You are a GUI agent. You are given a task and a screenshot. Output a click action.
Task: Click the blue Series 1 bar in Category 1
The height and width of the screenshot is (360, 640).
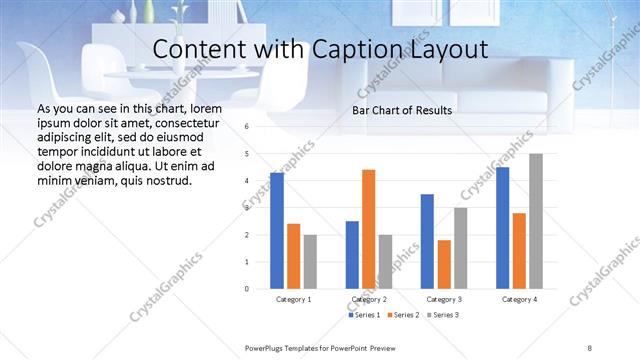(x=277, y=230)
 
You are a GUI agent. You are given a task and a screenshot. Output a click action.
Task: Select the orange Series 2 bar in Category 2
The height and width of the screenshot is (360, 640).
(x=368, y=229)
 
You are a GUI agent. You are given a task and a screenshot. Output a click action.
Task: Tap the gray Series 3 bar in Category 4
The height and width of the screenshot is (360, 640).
(x=536, y=221)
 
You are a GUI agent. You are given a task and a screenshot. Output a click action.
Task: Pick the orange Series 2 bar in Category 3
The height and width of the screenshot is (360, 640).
(x=444, y=264)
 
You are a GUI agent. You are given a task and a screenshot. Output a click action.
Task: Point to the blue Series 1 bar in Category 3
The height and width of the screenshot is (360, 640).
(x=427, y=241)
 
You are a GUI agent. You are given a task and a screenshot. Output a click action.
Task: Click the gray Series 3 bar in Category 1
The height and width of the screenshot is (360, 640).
(x=310, y=261)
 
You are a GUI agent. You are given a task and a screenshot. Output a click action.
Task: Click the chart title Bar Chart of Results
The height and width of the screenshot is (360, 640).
(x=402, y=110)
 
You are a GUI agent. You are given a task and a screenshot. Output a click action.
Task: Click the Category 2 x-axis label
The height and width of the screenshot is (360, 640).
(x=369, y=299)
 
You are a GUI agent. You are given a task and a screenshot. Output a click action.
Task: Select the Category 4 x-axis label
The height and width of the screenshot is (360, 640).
(x=519, y=299)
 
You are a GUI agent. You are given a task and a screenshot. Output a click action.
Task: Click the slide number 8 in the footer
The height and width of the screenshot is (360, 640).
(x=589, y=346)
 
